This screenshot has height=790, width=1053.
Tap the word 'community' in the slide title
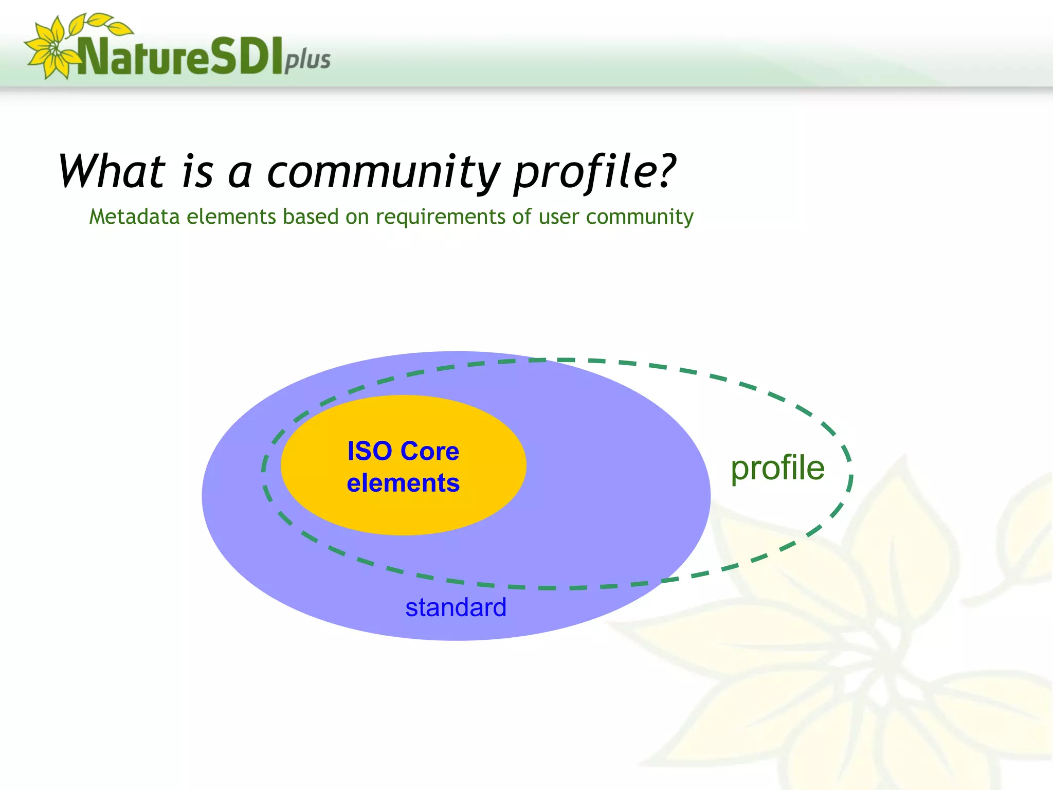tap(383, 172)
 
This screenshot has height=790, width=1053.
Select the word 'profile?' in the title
tap(594, 172)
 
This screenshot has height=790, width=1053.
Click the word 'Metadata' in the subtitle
tap(134, 217)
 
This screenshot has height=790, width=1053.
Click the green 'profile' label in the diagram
tap(777, 468)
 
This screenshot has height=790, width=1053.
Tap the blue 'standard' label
tap(456, 607)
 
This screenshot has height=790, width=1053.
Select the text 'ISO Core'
tap(403, 451)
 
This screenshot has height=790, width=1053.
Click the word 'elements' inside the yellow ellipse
tap(403, 483)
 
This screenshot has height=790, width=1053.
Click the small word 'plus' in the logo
tap(307, 60)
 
